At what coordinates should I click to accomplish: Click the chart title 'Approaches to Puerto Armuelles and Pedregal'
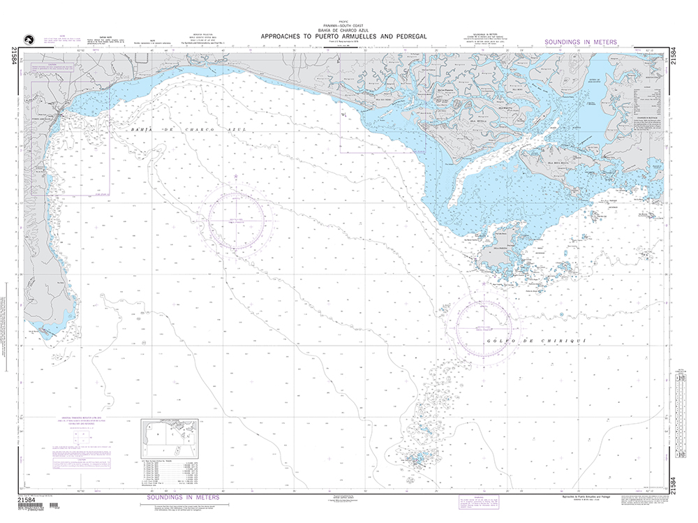pyautogui.click(x=343, y=36)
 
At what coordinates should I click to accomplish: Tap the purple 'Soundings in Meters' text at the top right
pyautogui.click(x=580, y=42)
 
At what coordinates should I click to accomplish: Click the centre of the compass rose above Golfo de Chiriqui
pyautogui.click(x=484, y=327)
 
